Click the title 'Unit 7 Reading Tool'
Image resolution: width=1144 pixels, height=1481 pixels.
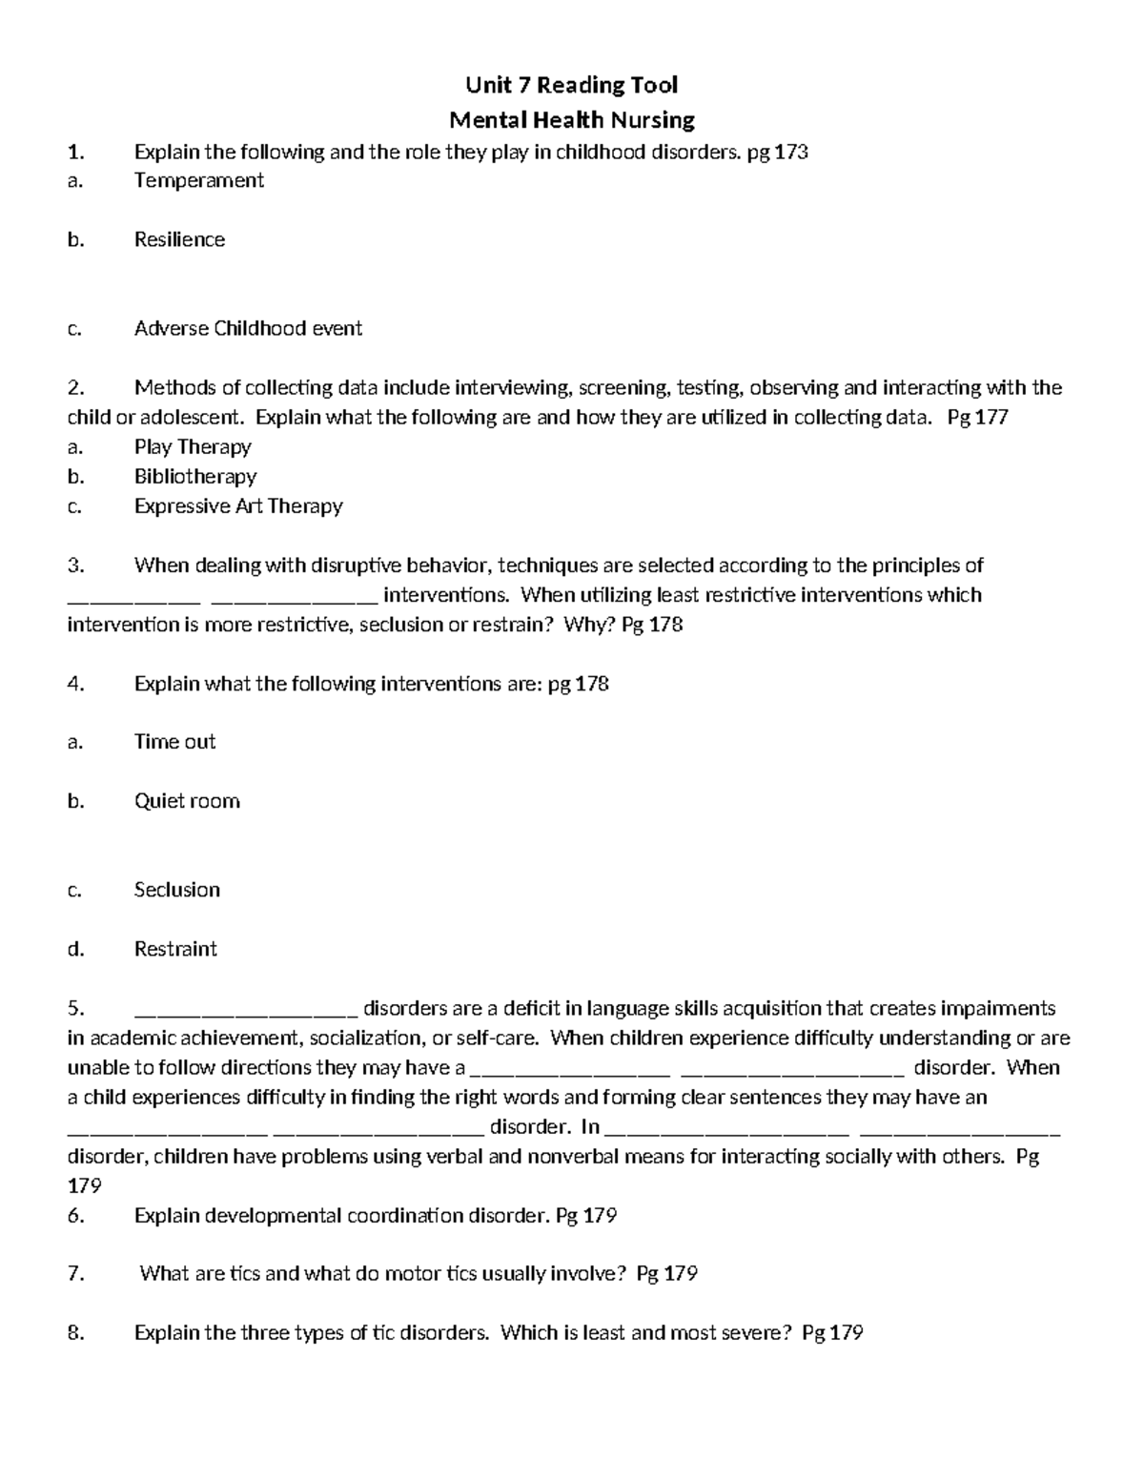(x=571, y=86)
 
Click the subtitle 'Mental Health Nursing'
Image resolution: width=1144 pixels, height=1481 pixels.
(x=571, y=120)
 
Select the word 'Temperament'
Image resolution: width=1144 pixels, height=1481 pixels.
(x=198, y=180)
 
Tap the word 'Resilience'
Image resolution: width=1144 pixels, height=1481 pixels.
(x=179, y=239)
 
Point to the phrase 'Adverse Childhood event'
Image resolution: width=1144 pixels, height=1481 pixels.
(x=248, y=328)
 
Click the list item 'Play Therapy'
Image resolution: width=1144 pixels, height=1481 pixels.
(x=193, y=447)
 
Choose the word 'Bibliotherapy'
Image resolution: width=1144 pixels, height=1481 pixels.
(x=195, y=476)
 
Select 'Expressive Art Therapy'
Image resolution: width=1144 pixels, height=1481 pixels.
(x=238, y=506)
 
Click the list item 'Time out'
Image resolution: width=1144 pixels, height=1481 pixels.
(x=174, y=742)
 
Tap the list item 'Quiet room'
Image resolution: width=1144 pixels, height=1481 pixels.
(x=187, y=801)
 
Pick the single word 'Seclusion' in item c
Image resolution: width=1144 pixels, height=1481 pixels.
(x=177, y=890)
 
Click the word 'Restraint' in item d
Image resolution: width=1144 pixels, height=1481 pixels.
(x=175, y=949)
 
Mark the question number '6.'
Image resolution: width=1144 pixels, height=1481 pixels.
(x=76, y=1216)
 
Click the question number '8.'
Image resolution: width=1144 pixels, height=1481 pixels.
(x=76, y=1333)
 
